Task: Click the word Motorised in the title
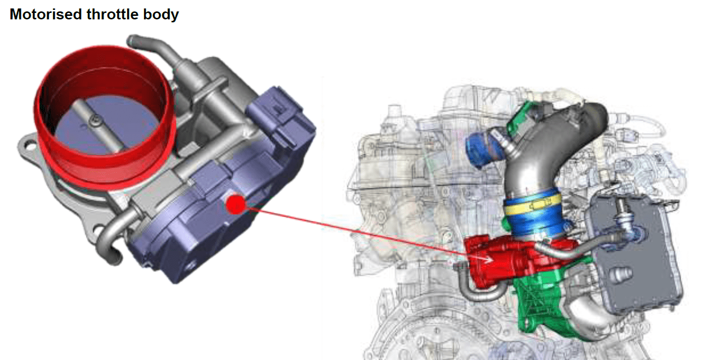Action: pos(46,14)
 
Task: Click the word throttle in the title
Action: pos(113,14)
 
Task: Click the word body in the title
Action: pos(161,15)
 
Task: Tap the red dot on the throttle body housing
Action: pos(235,204)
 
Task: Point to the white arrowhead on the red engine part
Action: pos(487,259)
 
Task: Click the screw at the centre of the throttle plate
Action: pos(95,121)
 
